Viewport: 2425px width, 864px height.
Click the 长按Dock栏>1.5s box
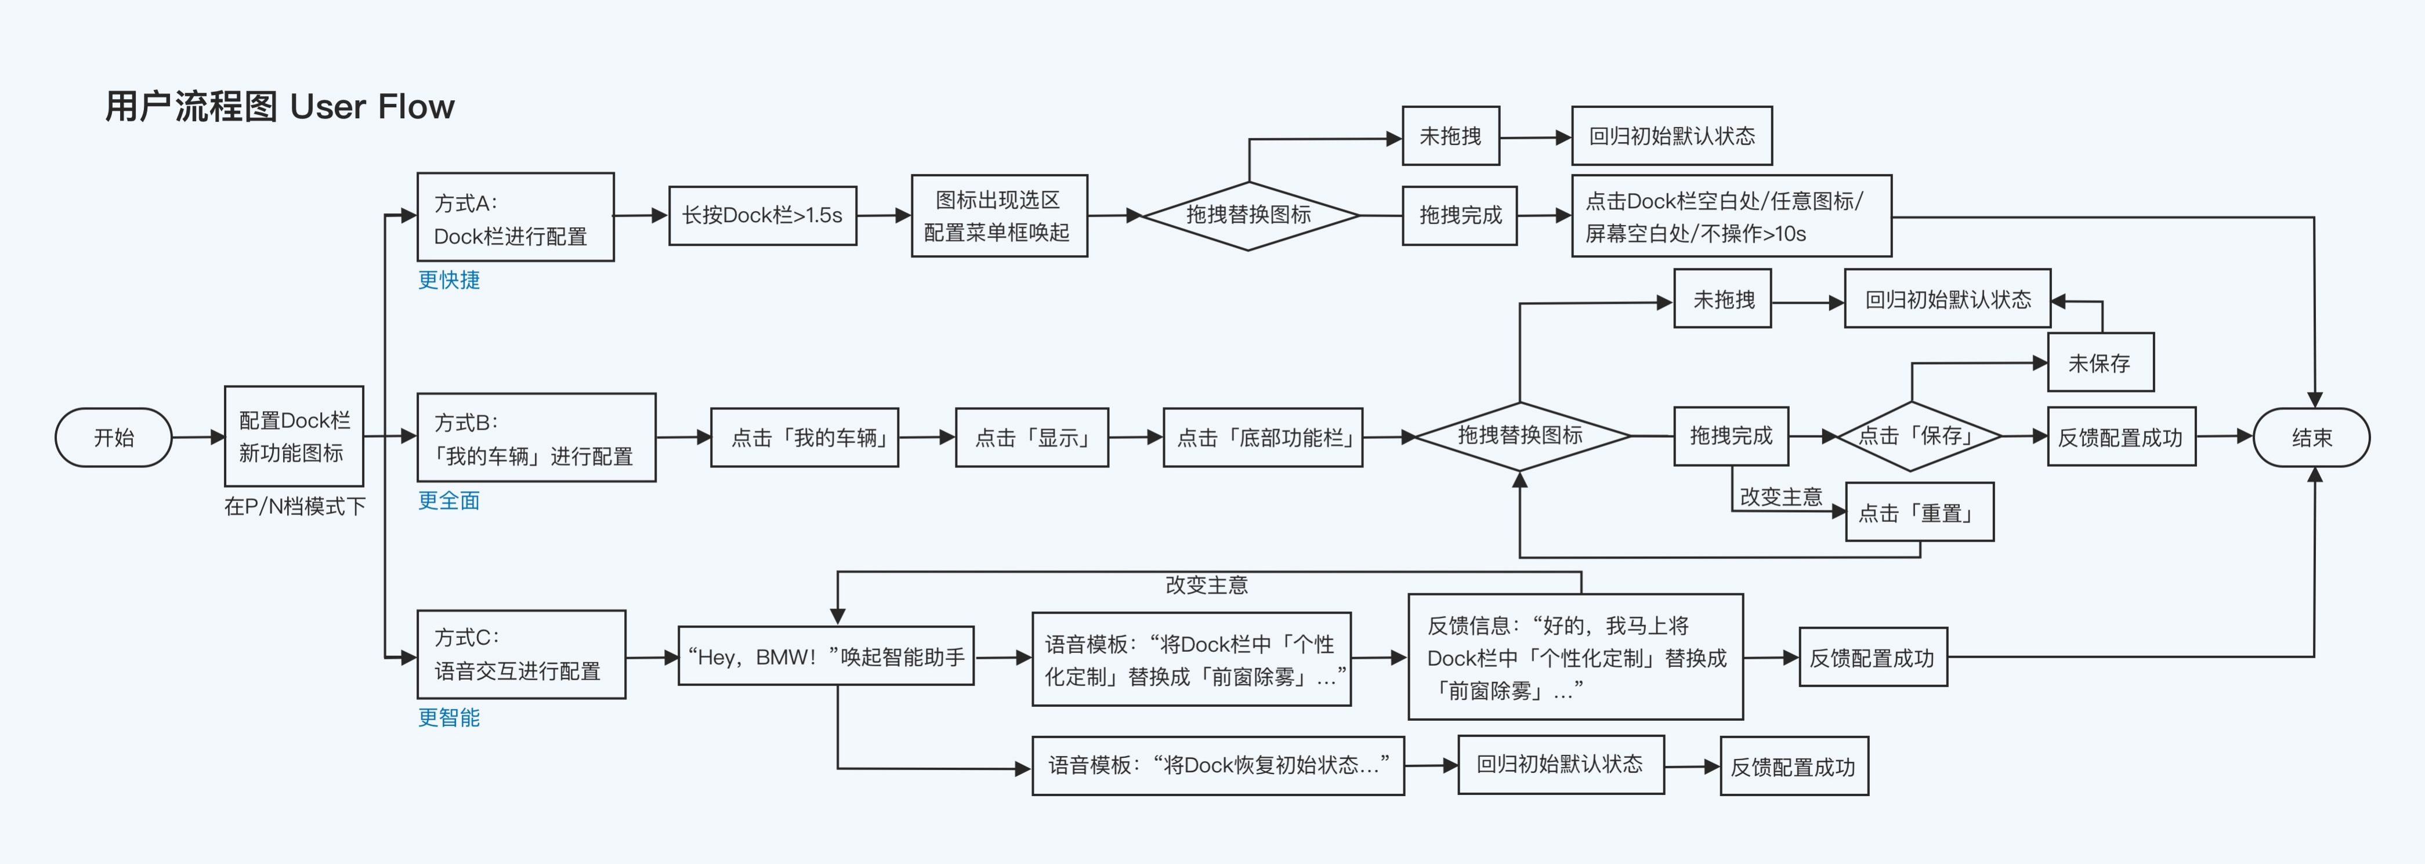click(762, 216)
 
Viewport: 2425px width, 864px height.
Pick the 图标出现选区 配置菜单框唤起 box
click(999, 216)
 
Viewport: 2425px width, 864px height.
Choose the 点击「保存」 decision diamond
click(1919, 435)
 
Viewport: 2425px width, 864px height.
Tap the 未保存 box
click(2100, 362)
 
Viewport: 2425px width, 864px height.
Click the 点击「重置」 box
click(1920, 512)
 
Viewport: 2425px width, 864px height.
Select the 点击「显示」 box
click(1031, 438)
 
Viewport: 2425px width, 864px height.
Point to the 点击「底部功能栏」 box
click(1264, 438)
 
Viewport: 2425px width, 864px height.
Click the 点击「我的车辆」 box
click(805, 438)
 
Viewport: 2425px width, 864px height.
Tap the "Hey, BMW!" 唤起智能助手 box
click(826, 656)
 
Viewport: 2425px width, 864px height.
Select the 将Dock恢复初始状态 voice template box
click(1218, 766)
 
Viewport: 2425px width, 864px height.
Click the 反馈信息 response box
click(1576, 657)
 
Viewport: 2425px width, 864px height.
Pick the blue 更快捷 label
click(449, 279)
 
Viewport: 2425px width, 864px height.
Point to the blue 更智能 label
click(449, 717)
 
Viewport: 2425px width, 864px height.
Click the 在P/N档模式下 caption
click(295, 506)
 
